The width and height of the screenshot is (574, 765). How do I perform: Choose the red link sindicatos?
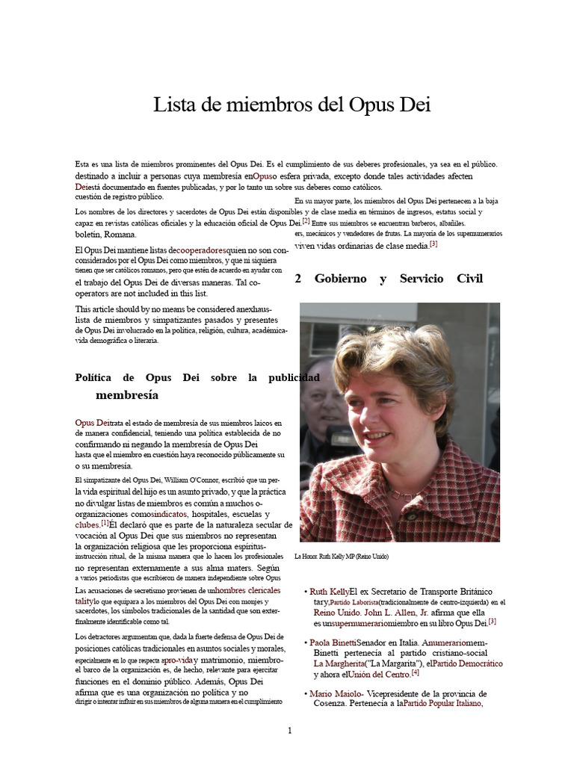(170, 515)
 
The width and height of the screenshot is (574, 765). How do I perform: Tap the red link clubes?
(87, 525)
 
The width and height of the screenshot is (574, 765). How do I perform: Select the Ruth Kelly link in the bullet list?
(330, 592)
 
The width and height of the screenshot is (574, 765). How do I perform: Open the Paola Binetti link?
(333, 642)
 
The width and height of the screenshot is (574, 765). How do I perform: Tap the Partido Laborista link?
(354, 603)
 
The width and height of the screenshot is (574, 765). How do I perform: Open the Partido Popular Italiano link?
(442, 704)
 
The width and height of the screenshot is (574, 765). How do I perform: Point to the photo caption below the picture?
(342, 557)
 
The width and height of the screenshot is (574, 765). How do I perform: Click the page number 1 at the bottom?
(290, 730)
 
